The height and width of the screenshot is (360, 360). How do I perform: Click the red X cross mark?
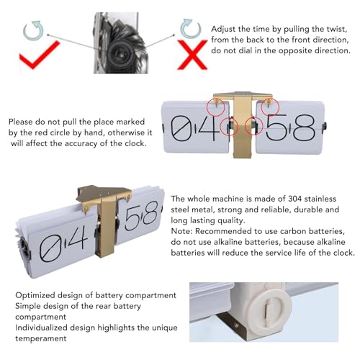pyautogui.click(x=192, y=55)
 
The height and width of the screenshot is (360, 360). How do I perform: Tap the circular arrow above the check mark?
pyautogui.click(x=33, y=30)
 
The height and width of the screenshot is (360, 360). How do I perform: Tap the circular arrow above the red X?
pyautogui.click(x=191, y=28)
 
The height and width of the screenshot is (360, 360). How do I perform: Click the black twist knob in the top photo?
pyautogui.click(x=120, y=53)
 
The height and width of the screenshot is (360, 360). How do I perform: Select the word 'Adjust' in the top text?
pyautogui.click(x=222, y=30)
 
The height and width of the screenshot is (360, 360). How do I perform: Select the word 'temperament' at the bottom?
pyautogui.click(x=41, y=338)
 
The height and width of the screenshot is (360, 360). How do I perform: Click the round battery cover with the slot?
pyautogui.click(x=271, y=312)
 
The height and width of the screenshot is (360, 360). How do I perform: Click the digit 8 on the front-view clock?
pyautogui.click(x=304, y=127)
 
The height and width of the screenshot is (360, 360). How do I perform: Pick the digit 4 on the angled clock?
pyautogui.click(x=76, y=239)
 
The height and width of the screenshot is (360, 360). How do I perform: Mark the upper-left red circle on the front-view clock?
pyautogui.click(x=216, y=107)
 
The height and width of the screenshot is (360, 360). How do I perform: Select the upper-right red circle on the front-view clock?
pyautogui.click(x=270, y=107)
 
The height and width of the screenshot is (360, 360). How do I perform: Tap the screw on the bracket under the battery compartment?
pyautogui.click(x=236, y=325)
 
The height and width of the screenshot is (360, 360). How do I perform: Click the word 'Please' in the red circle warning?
pyautogui.click(x=21, y=122)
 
